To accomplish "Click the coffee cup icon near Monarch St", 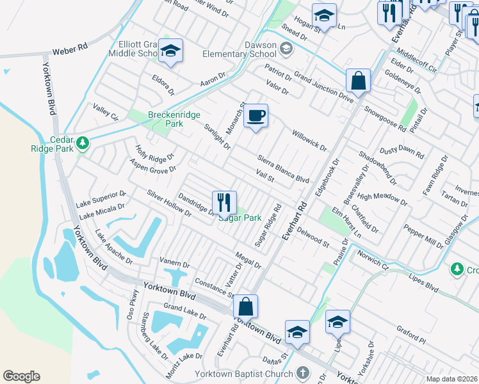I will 256,116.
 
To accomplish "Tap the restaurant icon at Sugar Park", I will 224,203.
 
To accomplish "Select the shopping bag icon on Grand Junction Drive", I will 359,81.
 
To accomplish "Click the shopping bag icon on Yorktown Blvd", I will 245,307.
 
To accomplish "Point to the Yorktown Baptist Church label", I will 244,373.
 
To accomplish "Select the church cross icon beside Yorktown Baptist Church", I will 303,372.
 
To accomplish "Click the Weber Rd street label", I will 69,50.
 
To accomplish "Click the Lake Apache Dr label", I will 113,247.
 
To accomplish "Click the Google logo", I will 21,376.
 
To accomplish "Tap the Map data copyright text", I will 452,379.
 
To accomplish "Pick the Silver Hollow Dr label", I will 168,203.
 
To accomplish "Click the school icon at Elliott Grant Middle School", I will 171,52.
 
